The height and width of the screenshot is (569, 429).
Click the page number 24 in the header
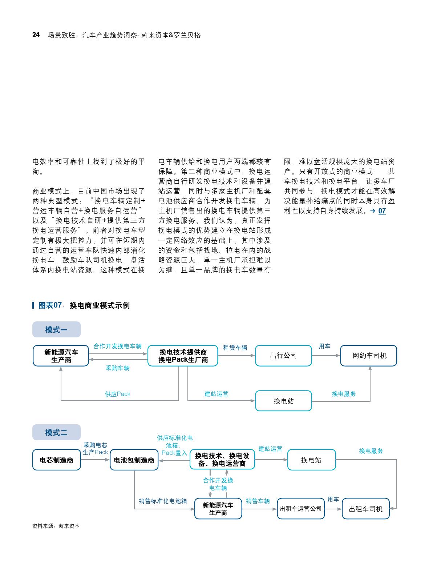pyautogui.click(x=36, y=35)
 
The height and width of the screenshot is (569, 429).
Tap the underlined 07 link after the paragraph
pyautogui.click(x=382, y=211)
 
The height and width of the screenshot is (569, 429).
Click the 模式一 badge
pyautogui.click(x=56, y=330)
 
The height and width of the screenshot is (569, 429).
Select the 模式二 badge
pyautogui.click(x=56, y=433)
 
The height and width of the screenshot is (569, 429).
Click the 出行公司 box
pyautogui.click(x=283, y=356)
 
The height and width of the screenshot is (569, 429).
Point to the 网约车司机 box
pyautogui.click(x=368, y=356)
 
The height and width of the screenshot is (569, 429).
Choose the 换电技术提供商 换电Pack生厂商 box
pyautogui.click(x=183, y=356)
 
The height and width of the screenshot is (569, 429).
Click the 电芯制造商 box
pyautogui.click(x=57, y=460)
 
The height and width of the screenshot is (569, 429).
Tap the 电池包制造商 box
pyautogui.click(x=134, y=460)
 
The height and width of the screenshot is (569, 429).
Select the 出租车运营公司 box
pyautogui.click(x=300, y=509)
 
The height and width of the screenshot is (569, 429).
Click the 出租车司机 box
pyautogui.click(x=365, y=509)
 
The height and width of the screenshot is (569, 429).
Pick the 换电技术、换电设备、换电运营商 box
pyautogui.click(x=222, y=460)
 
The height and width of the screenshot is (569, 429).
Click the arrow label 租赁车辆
pyautogui.click(x=235, y=348)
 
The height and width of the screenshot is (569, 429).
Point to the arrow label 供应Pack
pyautogui.click(x=117, y=394)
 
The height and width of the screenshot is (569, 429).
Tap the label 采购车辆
pyautogui.click(x=117, y=368)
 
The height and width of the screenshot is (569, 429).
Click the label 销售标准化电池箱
pyautogui.click(x=163, y=501)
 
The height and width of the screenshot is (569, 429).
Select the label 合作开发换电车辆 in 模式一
pyautogui.click(x=117, y=346)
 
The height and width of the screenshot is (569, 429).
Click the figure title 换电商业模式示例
pyautogui.click(x=100, y=305)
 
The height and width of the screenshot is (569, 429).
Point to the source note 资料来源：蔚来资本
pyautogui.click(x=56, y=526)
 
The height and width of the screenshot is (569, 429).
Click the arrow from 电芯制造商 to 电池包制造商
pyautogui.click(x=96, y=460)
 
